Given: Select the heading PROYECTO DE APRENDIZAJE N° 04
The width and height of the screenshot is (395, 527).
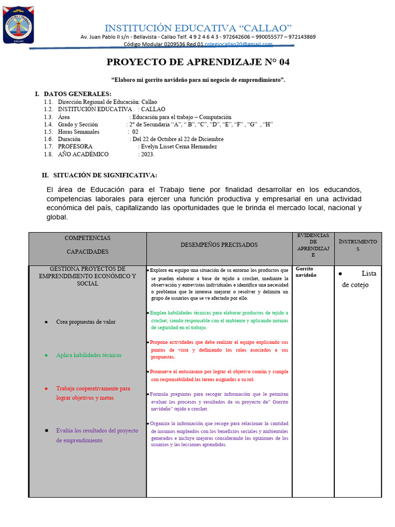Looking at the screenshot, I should [x=198, y=62].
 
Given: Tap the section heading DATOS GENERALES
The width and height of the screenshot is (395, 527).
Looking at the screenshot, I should [x=77, y=94].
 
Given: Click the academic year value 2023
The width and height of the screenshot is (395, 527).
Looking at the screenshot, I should [x=147, y=154].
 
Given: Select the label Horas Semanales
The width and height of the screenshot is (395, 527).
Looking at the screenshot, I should [x=79, y=132].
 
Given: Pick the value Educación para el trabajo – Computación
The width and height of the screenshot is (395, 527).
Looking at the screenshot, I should [x=182, y=117].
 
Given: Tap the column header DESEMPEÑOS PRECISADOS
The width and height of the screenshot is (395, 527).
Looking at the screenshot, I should [x=219, y=245].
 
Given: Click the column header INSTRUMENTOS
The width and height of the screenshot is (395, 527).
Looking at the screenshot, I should [x=357, y=245].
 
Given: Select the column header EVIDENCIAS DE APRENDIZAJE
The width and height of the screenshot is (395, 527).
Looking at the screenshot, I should [x=313, y=245].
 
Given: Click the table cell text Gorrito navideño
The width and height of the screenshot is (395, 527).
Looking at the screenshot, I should [x=306, y=272].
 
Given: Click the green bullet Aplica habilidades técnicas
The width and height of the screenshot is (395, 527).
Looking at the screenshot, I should [x=88, y=355].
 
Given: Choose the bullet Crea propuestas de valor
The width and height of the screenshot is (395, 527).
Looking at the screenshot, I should [x=85, y=322].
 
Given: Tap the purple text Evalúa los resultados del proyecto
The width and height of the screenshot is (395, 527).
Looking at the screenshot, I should [x=97, y=431].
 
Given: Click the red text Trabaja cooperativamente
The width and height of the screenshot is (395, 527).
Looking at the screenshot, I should [x=93, y=389].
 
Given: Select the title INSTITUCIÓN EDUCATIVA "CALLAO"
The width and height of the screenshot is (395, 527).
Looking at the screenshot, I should [x=198, y=27].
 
